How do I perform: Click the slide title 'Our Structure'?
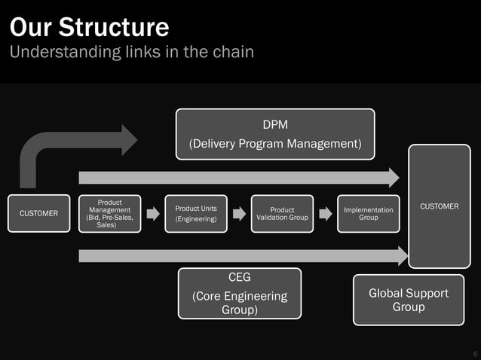coord(89,27)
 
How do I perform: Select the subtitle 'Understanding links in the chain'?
coord(131,52)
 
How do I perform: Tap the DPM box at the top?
coord(275,133)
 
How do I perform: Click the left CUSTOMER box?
coord(38,213)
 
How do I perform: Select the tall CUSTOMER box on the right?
coord(439,206)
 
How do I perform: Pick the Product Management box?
coord(109,213)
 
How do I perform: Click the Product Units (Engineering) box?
coord(196,213)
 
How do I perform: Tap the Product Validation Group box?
coord(282,213)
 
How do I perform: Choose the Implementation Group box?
coord(368,213)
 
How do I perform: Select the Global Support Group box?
coord(408,300)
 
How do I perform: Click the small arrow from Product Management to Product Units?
coord(153,214)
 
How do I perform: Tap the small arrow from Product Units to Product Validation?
coord(239,214)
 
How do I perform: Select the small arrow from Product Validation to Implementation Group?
coord(325,214)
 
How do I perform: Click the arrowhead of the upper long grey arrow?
coord(393,178)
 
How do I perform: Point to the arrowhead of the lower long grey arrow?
coord(402,256)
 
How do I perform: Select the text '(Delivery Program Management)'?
coord(275,143)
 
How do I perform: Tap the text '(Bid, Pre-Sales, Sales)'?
coord(109,221)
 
